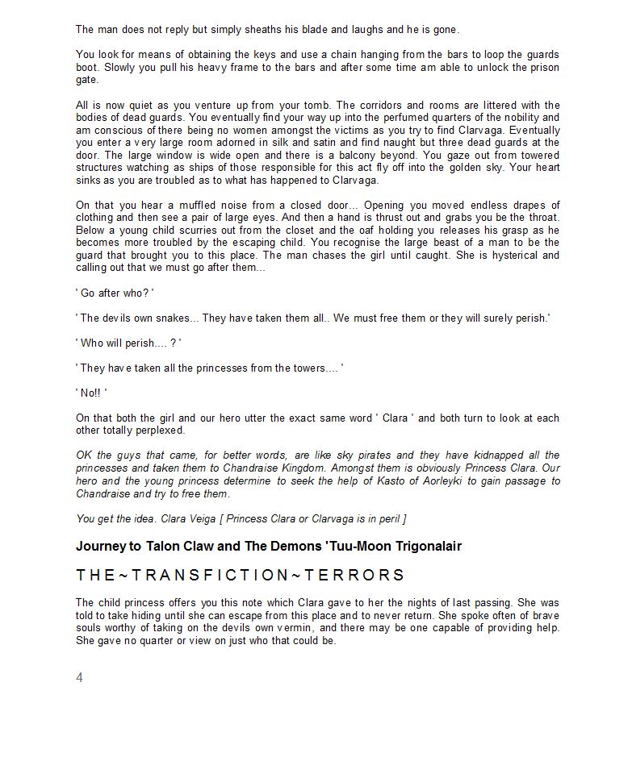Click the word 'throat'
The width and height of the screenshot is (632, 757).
(x=541, y=218)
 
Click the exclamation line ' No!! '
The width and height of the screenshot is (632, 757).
(x=91, y=393)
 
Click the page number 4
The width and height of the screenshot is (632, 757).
(x=79, y=677)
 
